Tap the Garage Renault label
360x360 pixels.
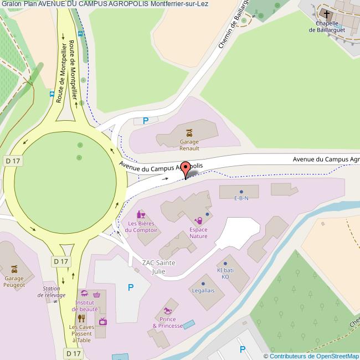[x=189, y=145]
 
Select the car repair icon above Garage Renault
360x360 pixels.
[x=189, y=132]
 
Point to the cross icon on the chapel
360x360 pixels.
[x=326, y=14]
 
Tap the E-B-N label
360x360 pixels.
[x=241, y=198]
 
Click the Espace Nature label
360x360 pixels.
[x=198, y=233]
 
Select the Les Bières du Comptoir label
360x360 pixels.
[x=142, y=227]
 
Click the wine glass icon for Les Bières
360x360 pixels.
[x=141, y=214]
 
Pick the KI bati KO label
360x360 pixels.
[x=225, y=273]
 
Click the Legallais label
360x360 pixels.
[x=203, y=290]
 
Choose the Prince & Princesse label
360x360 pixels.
[x=167, y=322]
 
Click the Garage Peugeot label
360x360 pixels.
[x=14, y=281]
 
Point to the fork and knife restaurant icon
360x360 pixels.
[x=81, y=318]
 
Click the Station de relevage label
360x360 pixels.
[x=52, y=292]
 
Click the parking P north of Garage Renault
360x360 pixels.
[x=146, y=121]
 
